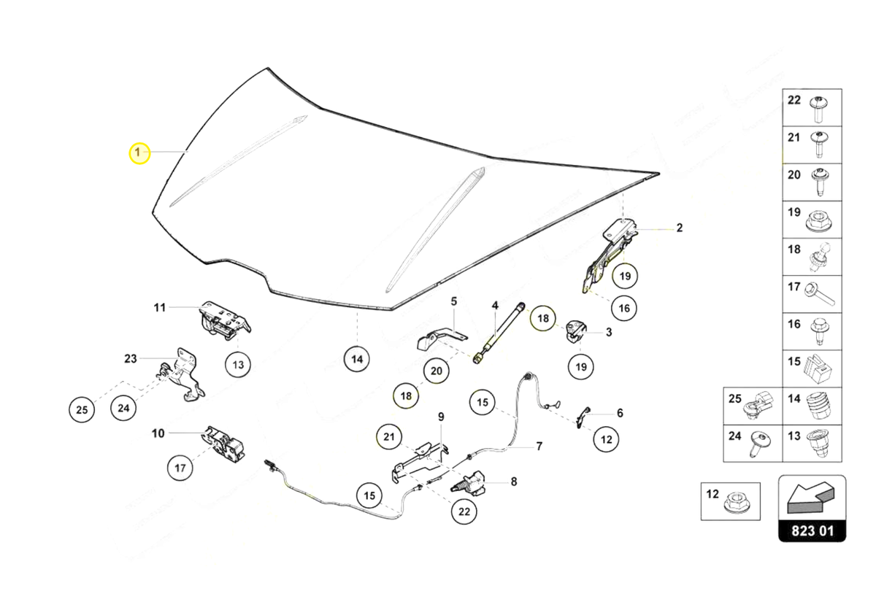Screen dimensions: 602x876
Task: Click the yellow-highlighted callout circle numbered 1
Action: (x=139, y=153)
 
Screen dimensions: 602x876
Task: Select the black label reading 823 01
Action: (x=812, y=530)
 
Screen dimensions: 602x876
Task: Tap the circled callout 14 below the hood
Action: (x=356, y=359)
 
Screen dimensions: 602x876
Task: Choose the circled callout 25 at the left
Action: (x=82, y=410)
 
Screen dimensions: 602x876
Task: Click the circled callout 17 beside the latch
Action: (x=180, y=468)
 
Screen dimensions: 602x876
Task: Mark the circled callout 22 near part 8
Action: (x=464, y=512)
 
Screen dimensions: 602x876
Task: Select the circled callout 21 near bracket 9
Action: (x=389, y=438)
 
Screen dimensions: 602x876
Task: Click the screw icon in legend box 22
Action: (x=818, y=109)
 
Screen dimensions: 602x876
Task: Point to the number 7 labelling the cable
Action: (x=539, y=446)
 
